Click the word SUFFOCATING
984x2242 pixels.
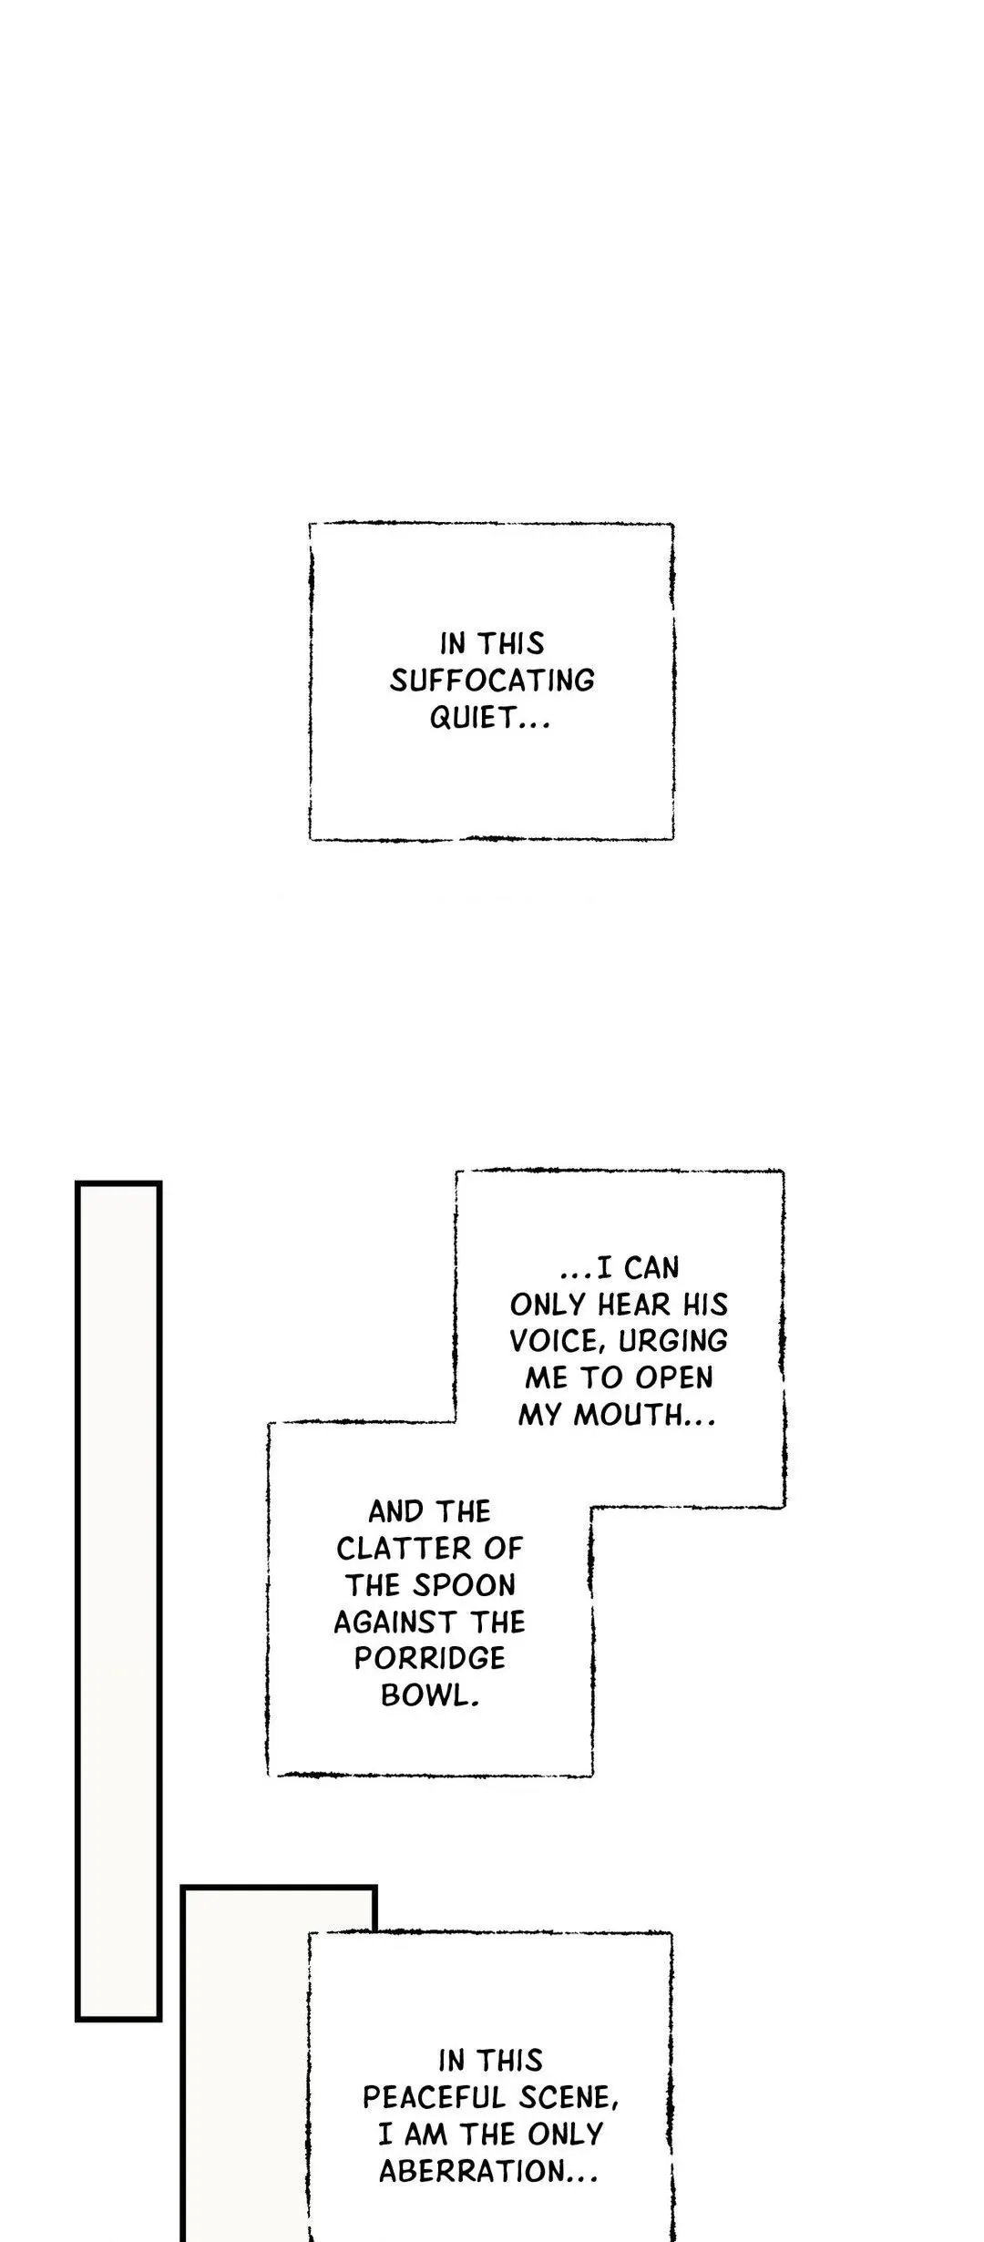(492, 681)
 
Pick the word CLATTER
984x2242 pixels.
(429, 1549)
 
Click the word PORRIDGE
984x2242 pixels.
(429, 1658)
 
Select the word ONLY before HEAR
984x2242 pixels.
(547, 1305)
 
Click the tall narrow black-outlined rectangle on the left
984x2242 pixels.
(118, 1601)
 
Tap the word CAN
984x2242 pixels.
(651, 1268)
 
